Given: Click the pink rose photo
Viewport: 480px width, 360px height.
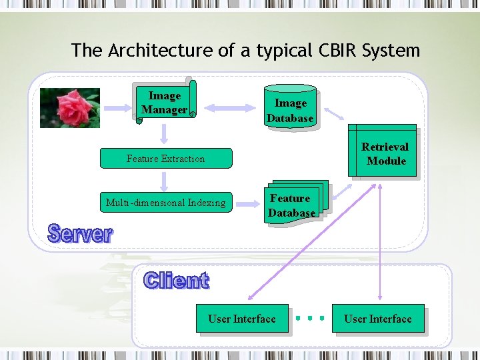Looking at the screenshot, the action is [70, 108].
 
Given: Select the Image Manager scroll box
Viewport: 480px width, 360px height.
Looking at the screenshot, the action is [165, 102].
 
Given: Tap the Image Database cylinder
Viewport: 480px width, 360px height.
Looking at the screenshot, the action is [290, 107].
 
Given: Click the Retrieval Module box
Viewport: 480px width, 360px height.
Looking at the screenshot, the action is [382, 150].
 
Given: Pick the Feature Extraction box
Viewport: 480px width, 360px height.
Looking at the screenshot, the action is [166, 158].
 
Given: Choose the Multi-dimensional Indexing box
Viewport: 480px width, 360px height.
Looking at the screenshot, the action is [166, 203].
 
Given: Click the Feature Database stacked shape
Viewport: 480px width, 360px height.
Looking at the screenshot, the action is [296, 203].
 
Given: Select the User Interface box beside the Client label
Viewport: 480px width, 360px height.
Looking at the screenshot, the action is [242, 319].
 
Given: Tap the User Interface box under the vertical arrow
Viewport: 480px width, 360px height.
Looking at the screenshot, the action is [378, 319].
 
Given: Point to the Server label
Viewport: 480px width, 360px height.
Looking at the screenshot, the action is [80, 233].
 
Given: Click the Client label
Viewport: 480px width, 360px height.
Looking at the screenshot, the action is [176, 280].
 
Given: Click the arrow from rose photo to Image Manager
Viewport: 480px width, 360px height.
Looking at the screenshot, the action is [118, 108].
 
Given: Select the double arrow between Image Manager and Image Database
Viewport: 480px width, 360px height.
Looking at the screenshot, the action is [230, 108].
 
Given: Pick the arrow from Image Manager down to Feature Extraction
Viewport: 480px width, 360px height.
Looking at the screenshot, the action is [164, 134].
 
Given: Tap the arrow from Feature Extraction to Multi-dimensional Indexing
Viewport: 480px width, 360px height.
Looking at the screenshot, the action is [164, 182].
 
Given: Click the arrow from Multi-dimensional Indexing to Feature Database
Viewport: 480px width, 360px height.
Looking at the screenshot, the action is [248, 204].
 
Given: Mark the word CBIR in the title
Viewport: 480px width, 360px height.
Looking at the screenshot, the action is [337, 50].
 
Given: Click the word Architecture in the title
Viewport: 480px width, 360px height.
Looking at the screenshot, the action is [160, 50].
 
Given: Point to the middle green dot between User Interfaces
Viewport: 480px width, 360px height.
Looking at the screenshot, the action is [310, 319].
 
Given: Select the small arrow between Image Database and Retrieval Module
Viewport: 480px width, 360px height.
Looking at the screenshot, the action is [334, 113].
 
